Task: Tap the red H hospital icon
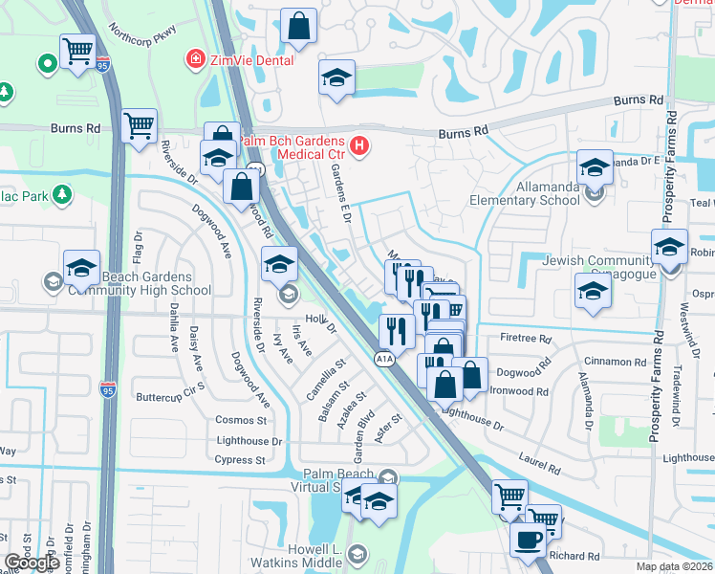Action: tap(359, 146)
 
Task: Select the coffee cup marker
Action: tap(528, 540)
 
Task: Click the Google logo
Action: tap(32, 563)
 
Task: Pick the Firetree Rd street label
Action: tap(525, 339)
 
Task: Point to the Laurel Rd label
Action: tap(540, 466)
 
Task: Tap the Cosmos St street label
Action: tap(241, 421)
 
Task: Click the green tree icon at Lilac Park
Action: tap(63, 195)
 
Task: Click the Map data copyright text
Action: tap(675, 566)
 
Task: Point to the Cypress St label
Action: tap(241, 460)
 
